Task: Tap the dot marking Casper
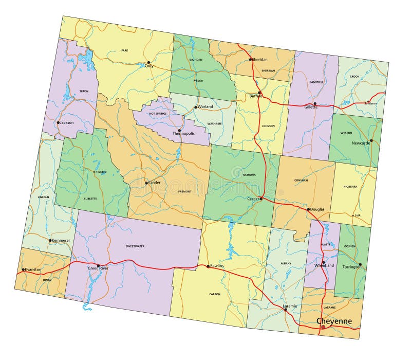pyautogui.click(x=261, y=199)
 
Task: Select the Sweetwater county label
pyautogui.click(x=135, y=246)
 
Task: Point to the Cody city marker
pyautogui.click(x=149, y=62)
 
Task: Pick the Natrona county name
pyautogui.click(x=249, y=175)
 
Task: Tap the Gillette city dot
pyautogui.click(x=315, y=103)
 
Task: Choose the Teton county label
pyautogui.click(x=84, y=91)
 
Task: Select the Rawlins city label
pyautogui.click(x=217, y=266)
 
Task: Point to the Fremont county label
pyautogui.click(x=184, y=191)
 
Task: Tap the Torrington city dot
pyautogui.click(x=360, y=265)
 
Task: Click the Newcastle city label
pyautogui.click(x=361, y=143)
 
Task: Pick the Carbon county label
pyautogui.click(x=215, y=294)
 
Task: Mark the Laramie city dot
pyautogui.click(x=286, y=310)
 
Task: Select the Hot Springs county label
pyautogui.click(x=159, y=113)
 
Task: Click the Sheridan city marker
pyautogui.click(x=251, y=60)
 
